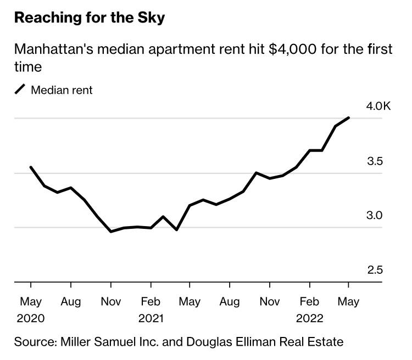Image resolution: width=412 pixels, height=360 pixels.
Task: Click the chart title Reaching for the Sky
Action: [90, 18]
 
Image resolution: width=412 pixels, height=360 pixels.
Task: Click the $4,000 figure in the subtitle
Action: [292, 49]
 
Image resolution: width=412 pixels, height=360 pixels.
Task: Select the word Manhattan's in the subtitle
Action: [54, 49]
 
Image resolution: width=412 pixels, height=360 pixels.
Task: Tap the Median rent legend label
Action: [62, 90]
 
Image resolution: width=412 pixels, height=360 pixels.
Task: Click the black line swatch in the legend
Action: [20, 89]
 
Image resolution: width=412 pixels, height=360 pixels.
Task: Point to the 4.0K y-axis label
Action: [378, 106]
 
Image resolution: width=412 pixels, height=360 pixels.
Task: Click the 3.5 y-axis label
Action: [375, 161]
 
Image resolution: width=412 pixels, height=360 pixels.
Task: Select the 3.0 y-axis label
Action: [375, 215]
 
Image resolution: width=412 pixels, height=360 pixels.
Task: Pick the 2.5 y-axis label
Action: [375, 270]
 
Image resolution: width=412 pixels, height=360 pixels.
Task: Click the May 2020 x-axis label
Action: [31, 310]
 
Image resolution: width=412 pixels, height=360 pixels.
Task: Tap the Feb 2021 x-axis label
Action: [151, 310]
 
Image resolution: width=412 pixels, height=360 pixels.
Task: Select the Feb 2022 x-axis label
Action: [309, 310]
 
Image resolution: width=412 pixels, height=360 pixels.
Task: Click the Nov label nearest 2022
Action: [270, 301]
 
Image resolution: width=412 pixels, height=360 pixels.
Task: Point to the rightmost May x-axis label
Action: [348, 302]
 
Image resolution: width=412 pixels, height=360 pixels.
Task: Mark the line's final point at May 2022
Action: [349, 117]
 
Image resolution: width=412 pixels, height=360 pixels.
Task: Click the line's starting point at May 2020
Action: [31, 167]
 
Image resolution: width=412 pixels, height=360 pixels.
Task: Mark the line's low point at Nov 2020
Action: [111, 232]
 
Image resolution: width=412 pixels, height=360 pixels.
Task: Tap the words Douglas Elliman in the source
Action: [231, 342]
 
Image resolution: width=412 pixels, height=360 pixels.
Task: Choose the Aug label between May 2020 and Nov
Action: [71, 302]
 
